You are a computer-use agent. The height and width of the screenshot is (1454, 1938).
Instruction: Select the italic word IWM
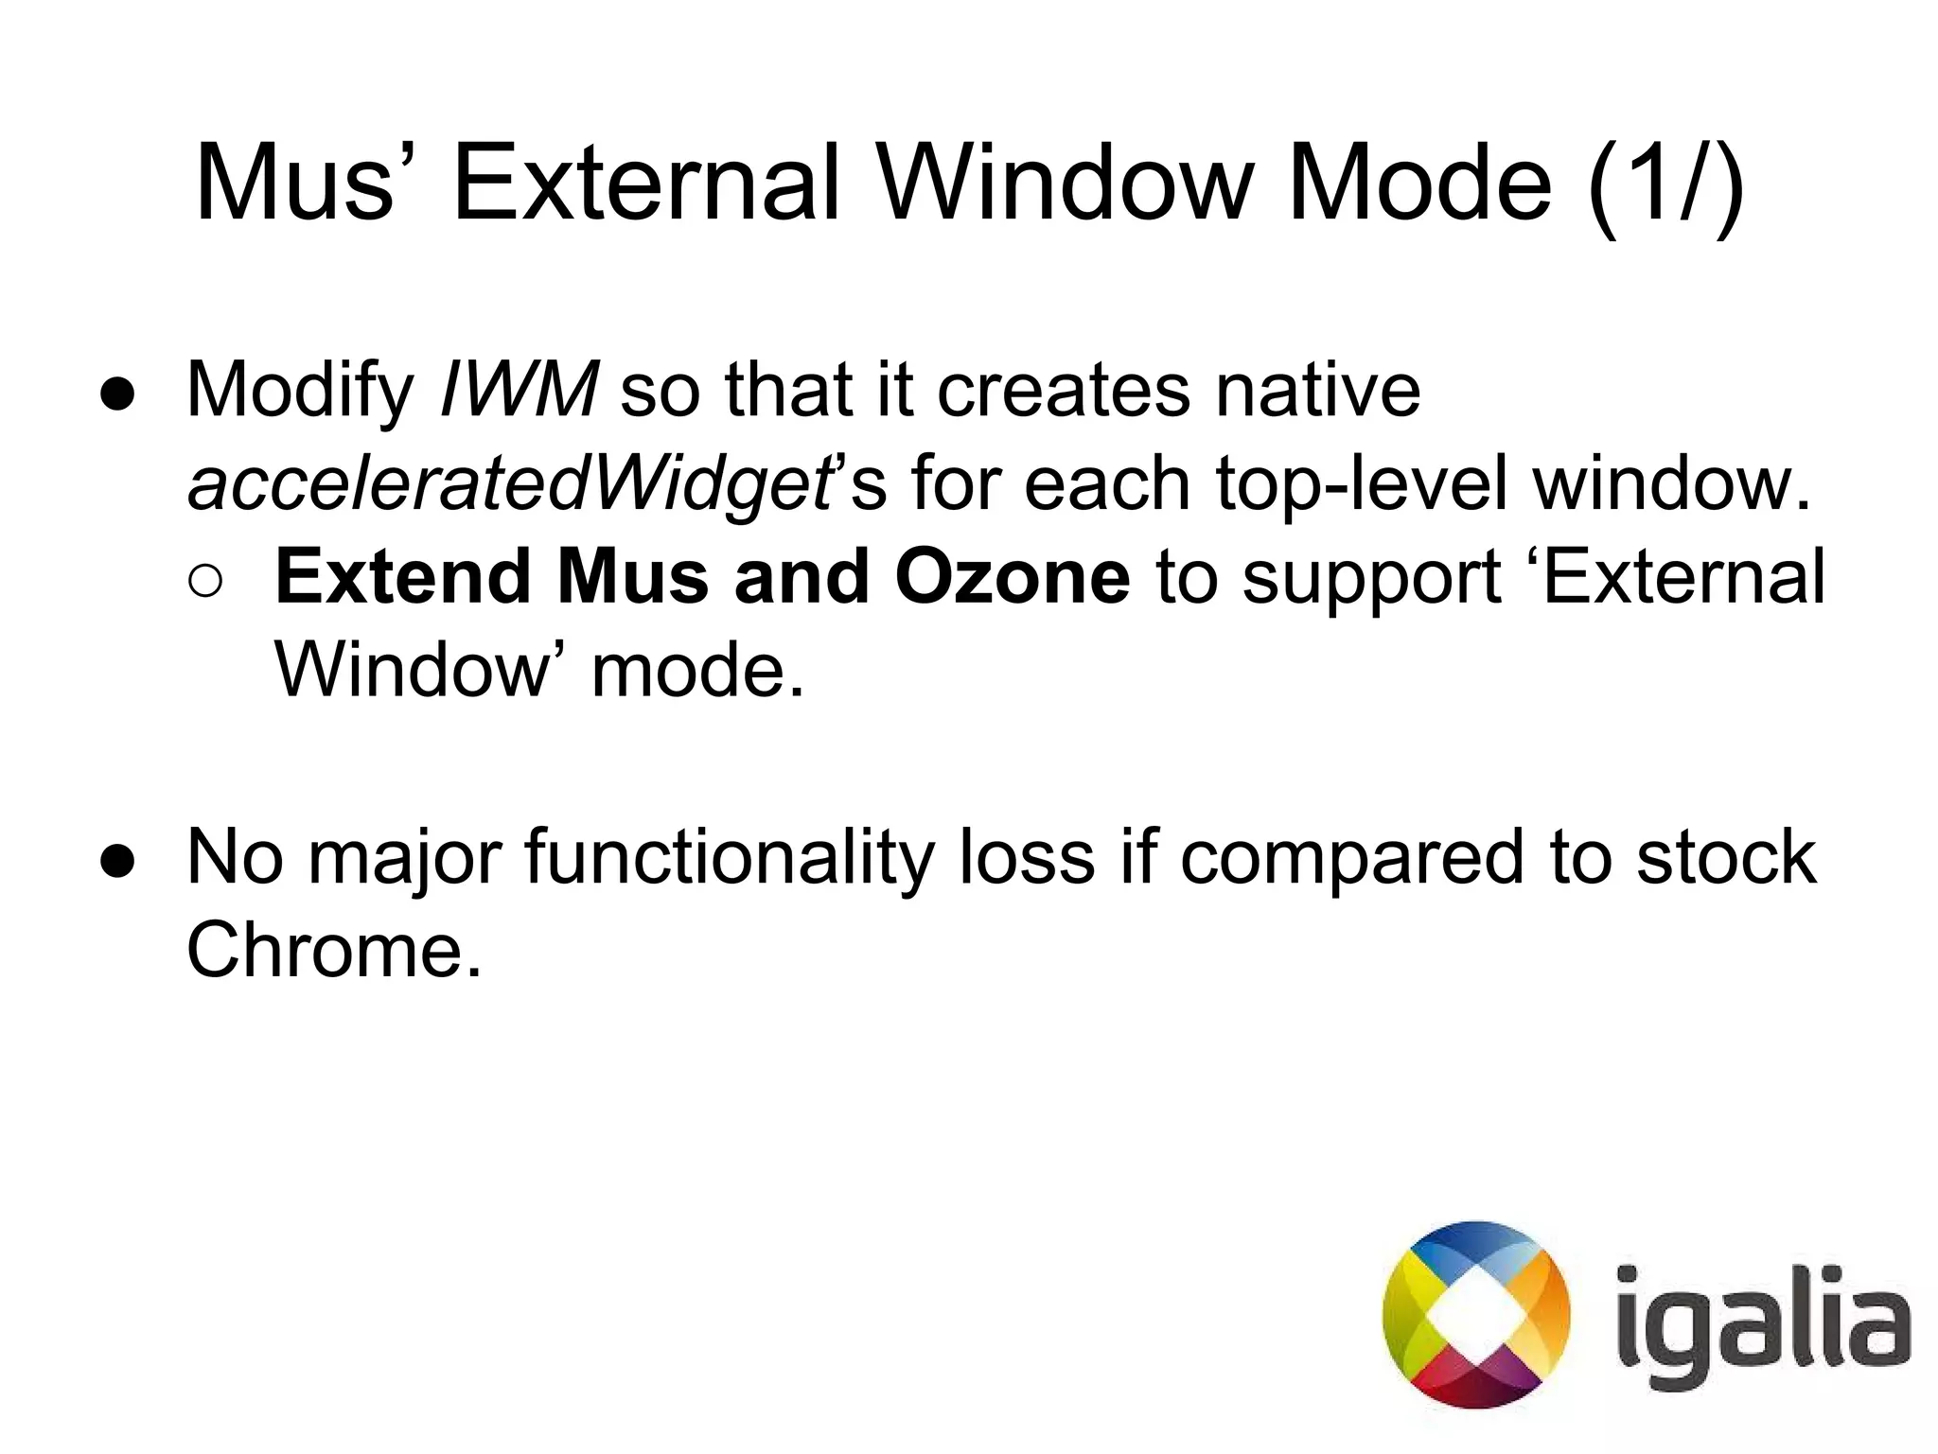tap(519, 390)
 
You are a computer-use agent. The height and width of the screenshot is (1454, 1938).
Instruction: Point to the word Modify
tap(301, 390)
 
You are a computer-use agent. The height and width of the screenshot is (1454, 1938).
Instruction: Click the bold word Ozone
tap(1012, 577)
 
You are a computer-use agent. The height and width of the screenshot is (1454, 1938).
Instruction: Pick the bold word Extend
tap(402, 577)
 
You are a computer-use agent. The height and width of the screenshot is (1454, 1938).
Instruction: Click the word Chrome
tap(334, 950)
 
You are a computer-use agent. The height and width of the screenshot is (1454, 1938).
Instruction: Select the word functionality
tap(728, 857)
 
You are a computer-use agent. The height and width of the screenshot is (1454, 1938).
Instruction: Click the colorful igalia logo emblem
tap(1475, 1315)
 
